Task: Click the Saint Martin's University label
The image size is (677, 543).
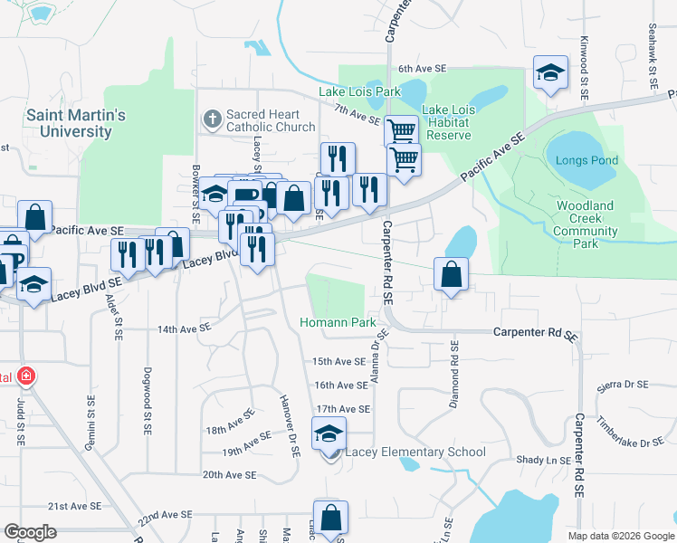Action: click(x=76, y=123)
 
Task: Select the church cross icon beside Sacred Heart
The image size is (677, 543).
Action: click(x=212, y=119)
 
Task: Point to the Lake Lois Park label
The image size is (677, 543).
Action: click(x=359, y=91)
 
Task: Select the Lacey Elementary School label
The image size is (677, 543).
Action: click(x=415, y=452)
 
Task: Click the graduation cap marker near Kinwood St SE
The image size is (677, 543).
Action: click(x=549, y=74)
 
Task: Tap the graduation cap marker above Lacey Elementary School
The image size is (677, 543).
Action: click(x=329, y=433)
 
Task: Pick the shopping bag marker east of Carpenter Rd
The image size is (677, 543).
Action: click(x=451, y=275)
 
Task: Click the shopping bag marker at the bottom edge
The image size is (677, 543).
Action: click(x=331, y=519)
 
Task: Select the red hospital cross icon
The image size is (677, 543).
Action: click(x=26, y=376)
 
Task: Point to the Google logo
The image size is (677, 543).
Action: click(x=31, y=532)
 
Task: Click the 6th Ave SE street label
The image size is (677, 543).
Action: click(x=423, y=69)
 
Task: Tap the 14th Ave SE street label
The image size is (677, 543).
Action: click(x=184, y=329)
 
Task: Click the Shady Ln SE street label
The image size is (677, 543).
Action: click(x=543, y=460)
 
